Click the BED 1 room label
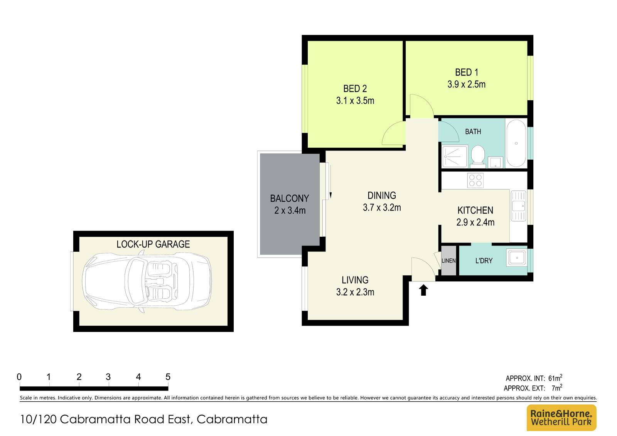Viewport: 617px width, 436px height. (466, 72)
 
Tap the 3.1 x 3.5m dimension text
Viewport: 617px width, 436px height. (355, 101)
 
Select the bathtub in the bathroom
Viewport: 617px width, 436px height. (516, 143)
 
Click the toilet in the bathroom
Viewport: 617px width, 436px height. (478, 155)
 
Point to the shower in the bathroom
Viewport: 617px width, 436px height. (455, 157)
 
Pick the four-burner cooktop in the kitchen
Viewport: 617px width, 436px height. (475, 180)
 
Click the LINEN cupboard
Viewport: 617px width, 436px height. (448, 261)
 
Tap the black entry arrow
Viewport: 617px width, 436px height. (423, 290)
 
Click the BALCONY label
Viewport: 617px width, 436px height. (289, 199)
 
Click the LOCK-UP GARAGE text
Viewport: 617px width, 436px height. (153, 244)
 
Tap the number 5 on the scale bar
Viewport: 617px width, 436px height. (168, 377)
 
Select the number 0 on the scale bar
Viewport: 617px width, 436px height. (19, 377)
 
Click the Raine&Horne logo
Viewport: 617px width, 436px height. (561, 417)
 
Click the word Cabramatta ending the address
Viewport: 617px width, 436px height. (232, 419)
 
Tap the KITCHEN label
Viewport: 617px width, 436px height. (475, 210)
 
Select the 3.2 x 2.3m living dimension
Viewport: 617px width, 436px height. (355, 292)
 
